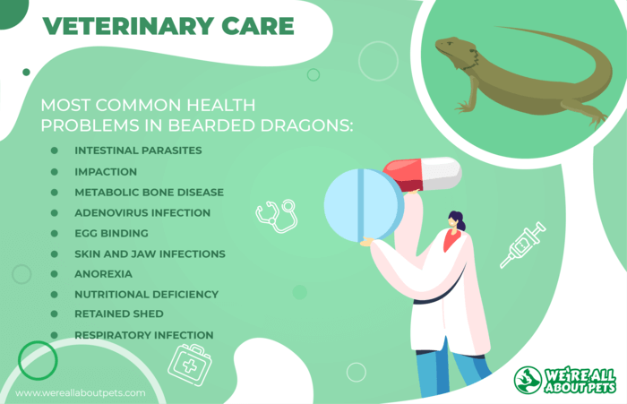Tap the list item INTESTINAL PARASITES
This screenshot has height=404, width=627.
pos(138,150)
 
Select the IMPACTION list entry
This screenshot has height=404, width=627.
pos(106,172)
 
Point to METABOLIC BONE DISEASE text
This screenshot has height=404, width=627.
pos(150,193)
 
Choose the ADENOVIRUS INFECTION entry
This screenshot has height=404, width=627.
pos(142,213)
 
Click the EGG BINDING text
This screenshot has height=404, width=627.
pos(111,233)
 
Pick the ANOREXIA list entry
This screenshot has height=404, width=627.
pos(103,274)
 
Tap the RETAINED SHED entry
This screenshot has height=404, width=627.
pos(119,314)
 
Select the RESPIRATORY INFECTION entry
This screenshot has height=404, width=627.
pos(144,335)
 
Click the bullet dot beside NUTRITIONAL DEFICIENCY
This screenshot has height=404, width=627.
pos(55,295)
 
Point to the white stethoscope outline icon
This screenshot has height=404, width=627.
pos(277,216)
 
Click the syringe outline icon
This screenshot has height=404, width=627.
pos(523,245)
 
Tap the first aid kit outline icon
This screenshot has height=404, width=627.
pos(190,365)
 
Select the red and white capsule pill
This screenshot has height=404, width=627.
pos(423,175)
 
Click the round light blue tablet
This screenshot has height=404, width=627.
pos(364,205)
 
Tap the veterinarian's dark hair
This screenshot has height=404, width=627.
pos(458,219)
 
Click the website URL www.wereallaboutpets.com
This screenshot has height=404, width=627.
pos(81,393)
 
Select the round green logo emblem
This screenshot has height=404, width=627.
pos(528,380)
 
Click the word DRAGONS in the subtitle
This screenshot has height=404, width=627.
pos(306,125)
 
